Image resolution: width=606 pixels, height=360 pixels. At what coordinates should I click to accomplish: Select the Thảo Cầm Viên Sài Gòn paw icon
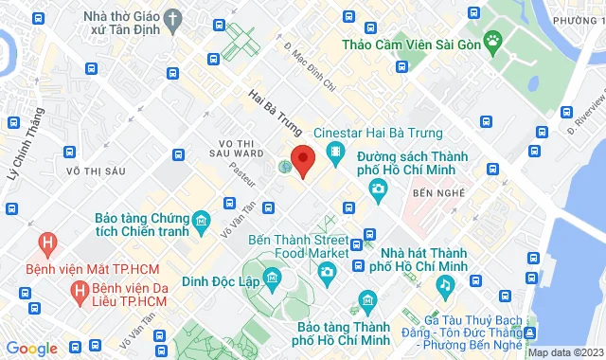pos(492,40)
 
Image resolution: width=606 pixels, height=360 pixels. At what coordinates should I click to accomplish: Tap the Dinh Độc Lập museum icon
pos(272,278)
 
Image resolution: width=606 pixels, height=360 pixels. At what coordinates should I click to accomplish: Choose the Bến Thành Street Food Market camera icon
pos(327,273)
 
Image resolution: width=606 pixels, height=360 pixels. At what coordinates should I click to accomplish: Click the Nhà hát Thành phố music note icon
pos(443,283)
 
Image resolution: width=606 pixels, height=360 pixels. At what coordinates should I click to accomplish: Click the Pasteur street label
pos(242,176)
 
